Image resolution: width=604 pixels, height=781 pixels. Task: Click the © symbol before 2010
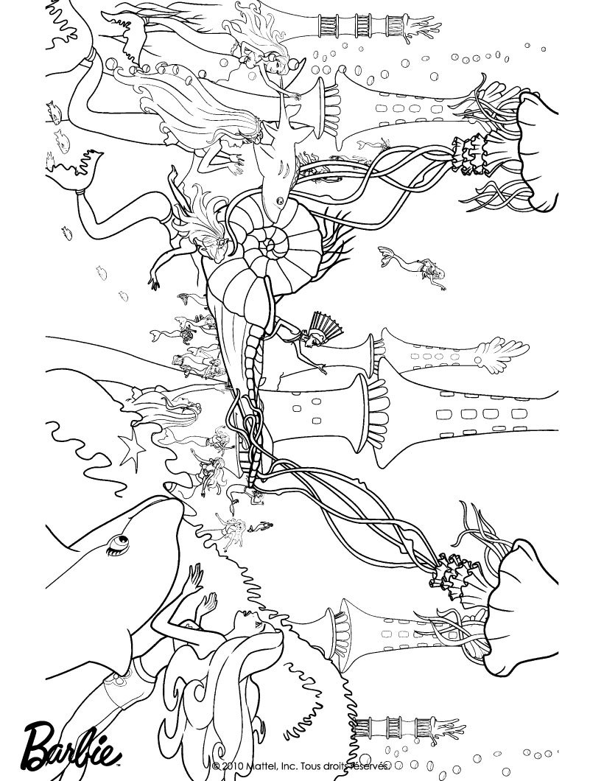pos(216,766)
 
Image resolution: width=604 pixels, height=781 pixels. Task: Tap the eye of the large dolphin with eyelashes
pos(119,542)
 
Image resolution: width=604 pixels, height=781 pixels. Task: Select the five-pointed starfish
pos(133,446)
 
